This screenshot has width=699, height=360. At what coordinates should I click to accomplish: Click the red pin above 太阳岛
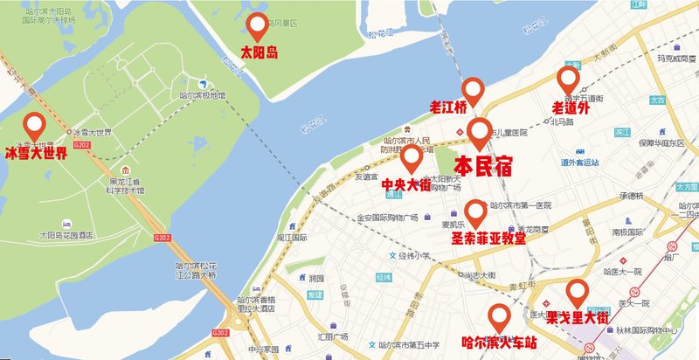coord(259,26)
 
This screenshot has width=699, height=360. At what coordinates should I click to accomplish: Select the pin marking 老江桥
coord(473,89)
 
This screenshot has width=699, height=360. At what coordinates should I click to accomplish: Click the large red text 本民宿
coord(483,166)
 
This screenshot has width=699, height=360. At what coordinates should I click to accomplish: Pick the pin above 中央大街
coord(412,159)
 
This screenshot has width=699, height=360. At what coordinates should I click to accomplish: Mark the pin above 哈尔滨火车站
coord(499,315)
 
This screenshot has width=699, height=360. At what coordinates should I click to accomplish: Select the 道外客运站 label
coord(584,162)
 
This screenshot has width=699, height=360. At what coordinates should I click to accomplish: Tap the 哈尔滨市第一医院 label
coord(522,205)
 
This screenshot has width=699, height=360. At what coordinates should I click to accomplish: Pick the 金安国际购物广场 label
coord(388,218)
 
